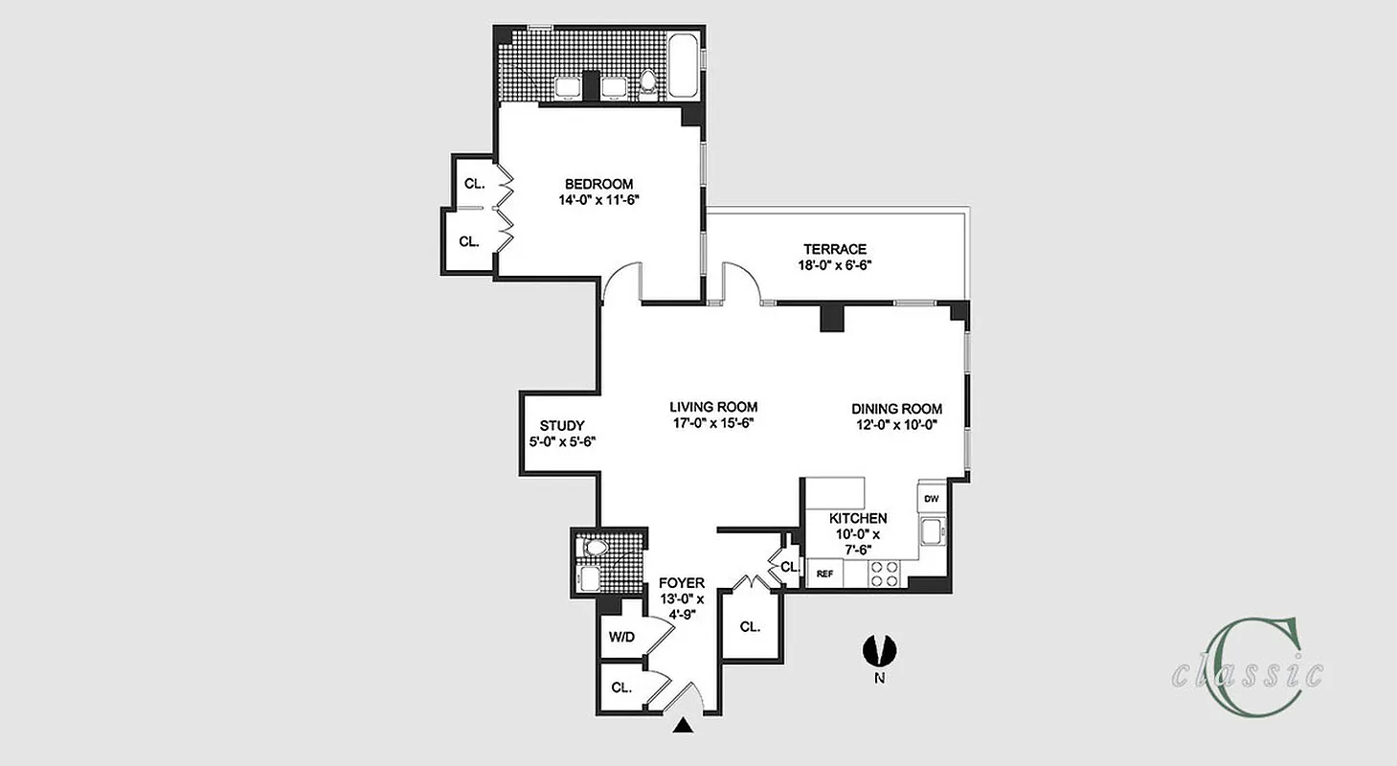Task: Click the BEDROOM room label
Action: point(598,184)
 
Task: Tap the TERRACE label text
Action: point(834,249)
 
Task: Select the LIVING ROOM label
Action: point(713,407)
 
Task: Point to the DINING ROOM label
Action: point(896,409)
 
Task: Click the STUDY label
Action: point(562,426)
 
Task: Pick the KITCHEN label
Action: point(858,518)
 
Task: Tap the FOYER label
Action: point(682,582)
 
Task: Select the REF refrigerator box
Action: point(823,574)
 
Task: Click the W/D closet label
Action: point(621,637)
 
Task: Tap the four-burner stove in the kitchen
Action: point(885,574)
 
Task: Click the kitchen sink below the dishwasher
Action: point(931,531)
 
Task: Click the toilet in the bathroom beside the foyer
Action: point(595,548)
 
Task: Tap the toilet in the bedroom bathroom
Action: point(647,85)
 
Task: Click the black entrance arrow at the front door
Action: point(682,727)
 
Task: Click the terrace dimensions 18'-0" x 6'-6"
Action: point(834,266)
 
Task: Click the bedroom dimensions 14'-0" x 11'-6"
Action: point(598,201)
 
